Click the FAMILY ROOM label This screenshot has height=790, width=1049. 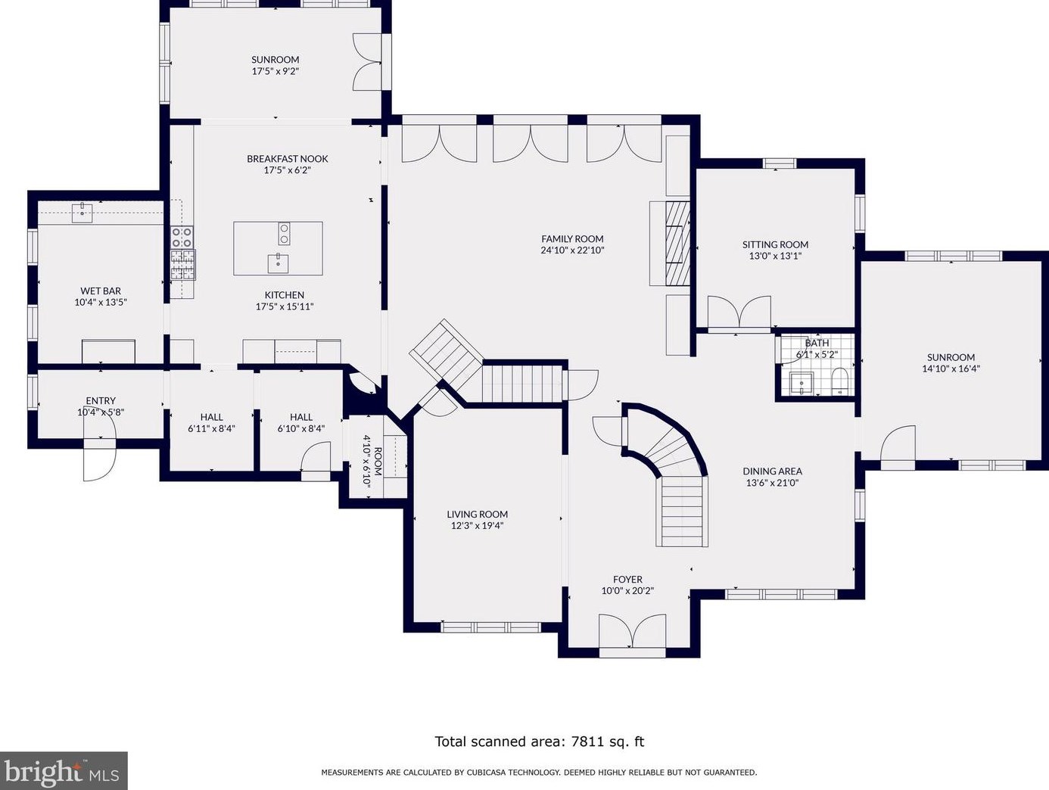pyautogui.click(x=572, y=239)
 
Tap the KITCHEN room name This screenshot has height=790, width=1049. pyautogui.click(x=285, y=295)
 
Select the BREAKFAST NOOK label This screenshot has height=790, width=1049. pyautogui.click(x=287, y=159)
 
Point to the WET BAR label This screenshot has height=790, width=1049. pyautogui.click(x=101, y=291)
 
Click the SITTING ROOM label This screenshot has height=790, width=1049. pyautogui.click(x=775, y=244)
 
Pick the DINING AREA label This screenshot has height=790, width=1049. pyautogui.click(x=772, y=471)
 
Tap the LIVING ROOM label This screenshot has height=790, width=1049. pyautogui.click(x=477, y=515)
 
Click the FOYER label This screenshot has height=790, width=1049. pyautogui.click(x=627, y=580)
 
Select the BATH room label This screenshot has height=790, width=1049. pyautogui.click(x=817, y=343)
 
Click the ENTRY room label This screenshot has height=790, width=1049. pyautogui.click(x=101, y=401)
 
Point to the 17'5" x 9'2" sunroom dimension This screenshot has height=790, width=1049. pyautogui.click(x=275, y=71)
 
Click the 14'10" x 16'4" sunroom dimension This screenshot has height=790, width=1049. pyautogui.click(x=951, y=369)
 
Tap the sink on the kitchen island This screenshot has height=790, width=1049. pyautogui.click(x=278, y=263)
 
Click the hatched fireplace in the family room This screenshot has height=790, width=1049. pyautogui.click(x=677, y=244)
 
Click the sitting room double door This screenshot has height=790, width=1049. pyautogui.click(x=739, y=313)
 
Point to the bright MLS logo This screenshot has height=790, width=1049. pyautogui.click(x=64, y=770)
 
